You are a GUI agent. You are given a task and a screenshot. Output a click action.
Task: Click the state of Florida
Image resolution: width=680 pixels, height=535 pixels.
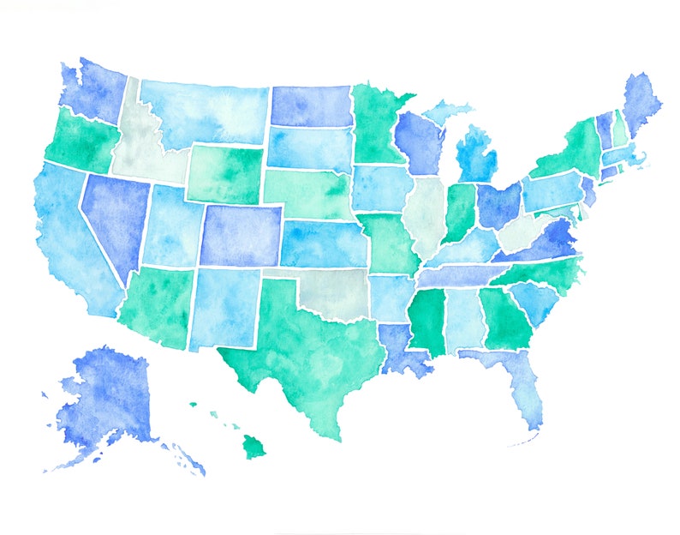click(518, 386)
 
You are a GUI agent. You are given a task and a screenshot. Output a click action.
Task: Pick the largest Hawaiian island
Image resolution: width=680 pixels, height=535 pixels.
click(254, 446)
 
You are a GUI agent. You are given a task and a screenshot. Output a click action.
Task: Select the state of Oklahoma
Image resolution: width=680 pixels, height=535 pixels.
click(330, 292)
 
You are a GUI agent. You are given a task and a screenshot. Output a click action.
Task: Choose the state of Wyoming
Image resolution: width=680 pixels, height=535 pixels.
click(224, 173)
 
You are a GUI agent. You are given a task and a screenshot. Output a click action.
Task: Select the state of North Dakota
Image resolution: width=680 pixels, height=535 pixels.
click(310, 105)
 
